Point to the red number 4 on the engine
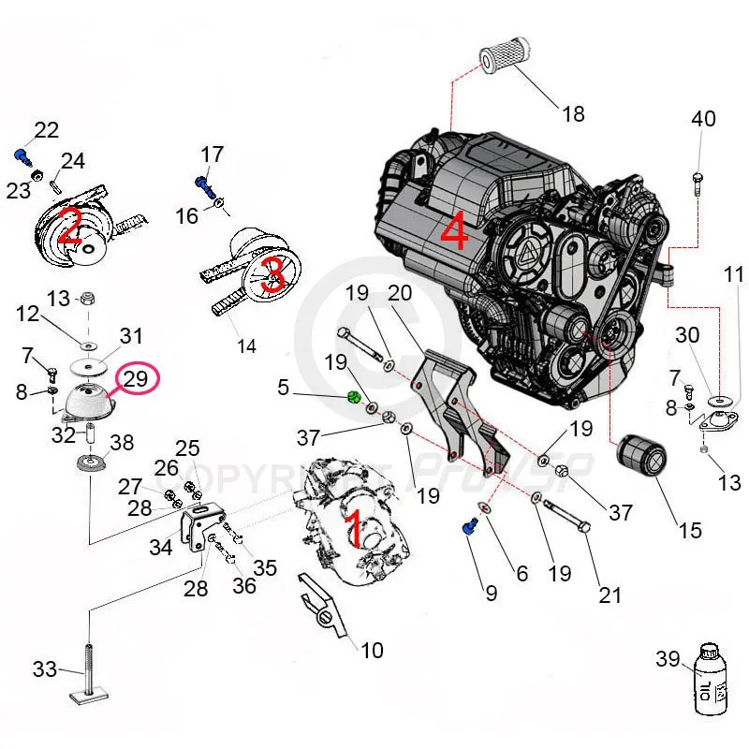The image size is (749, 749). [x=453, y=231]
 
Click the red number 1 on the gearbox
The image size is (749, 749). [x=354, y=529]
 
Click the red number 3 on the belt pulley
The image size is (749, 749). [x=273, y=274]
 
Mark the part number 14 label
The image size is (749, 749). [x=245, y=345]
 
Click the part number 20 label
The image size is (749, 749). [x=400, y=293]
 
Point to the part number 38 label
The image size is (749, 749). [x=122, y=442]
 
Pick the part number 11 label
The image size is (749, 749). [x=733, y=274]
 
